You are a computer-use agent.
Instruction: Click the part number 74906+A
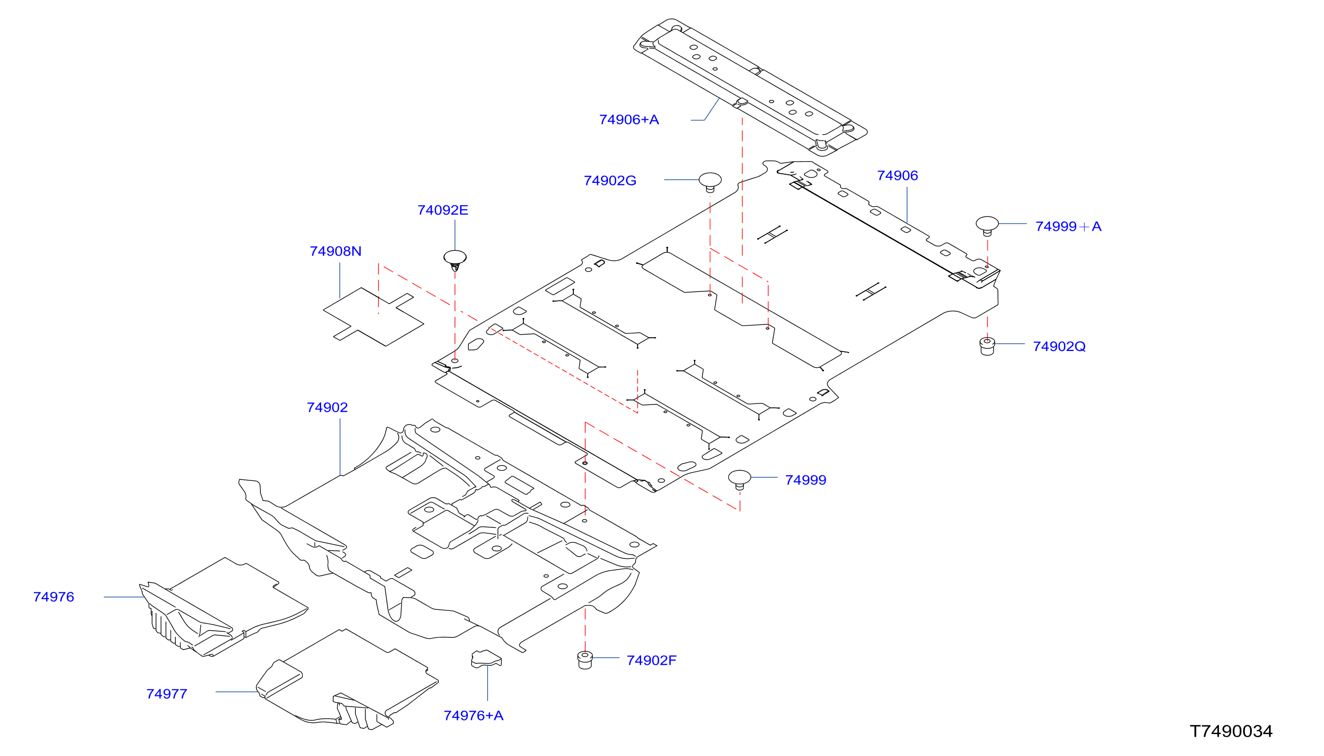pos(628,120)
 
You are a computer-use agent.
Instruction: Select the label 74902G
pos(610,181)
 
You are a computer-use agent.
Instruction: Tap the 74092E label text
pos(442,210)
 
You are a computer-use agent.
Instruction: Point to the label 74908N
pos(335,251)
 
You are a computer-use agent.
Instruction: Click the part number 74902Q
pos(1058,346)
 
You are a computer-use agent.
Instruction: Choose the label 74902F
pos(651,660)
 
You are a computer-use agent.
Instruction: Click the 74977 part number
pos(166,694)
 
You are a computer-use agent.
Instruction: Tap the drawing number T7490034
pos(1231,731)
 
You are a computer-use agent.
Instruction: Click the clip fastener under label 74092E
pos(455,260)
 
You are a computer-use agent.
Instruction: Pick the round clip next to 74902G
pos(709,182)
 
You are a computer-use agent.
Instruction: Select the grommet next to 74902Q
pos(987,346)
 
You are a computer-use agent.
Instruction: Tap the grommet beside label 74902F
pos(585,660)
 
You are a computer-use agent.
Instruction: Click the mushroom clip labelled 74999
pos(739,479)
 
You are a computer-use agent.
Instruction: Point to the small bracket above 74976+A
pos(486,659)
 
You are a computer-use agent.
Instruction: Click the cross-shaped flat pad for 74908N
pos(373,317)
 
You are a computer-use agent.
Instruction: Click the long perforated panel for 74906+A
pos(750,87)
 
